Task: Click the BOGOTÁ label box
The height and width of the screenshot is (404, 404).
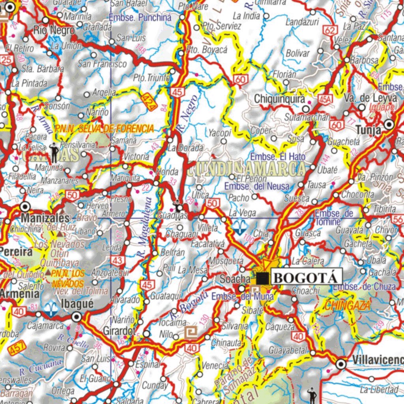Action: pos(306,277)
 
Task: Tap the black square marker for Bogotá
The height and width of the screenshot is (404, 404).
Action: pos(262,278)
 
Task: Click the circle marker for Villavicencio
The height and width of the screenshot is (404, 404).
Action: pos(341,364)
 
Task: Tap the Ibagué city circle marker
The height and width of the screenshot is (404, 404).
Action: pos(77,317)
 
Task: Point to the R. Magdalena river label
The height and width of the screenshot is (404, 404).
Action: pos(145,228)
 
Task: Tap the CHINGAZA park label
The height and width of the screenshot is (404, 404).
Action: pos(347,305)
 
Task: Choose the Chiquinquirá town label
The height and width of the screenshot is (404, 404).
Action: pos(279,99)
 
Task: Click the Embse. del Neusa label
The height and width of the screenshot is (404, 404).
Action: pos(256,186)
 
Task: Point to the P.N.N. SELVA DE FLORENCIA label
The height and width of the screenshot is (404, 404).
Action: pos(105,128)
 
